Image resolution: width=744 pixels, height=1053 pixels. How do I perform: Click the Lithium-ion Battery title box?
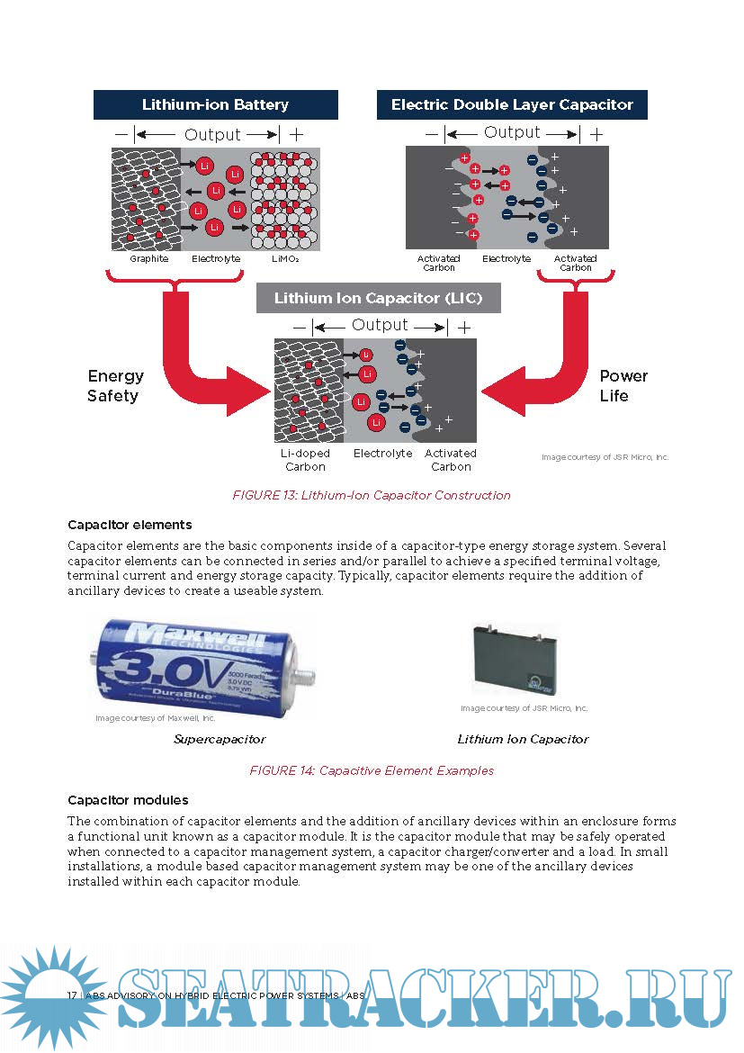pos(215,104)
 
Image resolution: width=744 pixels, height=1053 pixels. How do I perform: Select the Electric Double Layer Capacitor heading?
pos(511,104)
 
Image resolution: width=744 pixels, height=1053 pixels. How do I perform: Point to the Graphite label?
pos(148,259)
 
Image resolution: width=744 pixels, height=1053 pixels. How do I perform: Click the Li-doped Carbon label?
pos(305,460)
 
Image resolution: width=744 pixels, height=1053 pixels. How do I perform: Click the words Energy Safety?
pos(114,385)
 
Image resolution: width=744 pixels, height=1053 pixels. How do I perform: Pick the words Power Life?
pos(623,385)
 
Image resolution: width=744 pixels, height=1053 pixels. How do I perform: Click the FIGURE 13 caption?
pos(371,495)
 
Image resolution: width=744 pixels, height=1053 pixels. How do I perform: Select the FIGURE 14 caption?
pos(371,770)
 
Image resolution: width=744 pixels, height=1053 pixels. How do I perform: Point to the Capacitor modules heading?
pos(127,800)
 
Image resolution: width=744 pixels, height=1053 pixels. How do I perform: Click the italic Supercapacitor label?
pos(220,739)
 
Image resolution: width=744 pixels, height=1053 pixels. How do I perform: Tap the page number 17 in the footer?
pos(72,996)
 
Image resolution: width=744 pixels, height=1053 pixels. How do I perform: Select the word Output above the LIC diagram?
pos(380,325)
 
